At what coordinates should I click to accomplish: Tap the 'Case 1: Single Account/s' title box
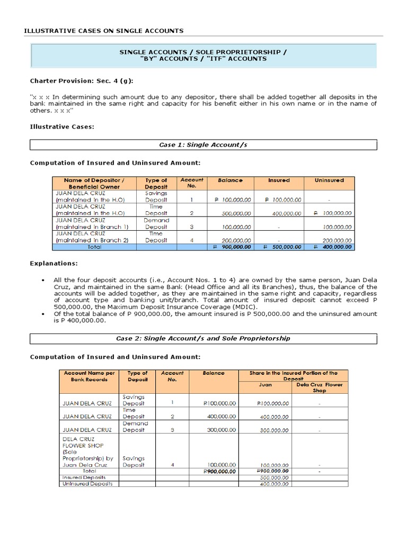tap(203, 144)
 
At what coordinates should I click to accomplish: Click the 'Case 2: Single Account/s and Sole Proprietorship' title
tap(203, 338)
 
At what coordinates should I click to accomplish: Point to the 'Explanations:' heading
tap(54, 263)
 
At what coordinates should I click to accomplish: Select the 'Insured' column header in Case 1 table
tap(279, 180)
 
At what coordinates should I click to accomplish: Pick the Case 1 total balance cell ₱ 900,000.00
tap(228, 247)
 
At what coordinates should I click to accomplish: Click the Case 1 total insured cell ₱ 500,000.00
tap(279, 247)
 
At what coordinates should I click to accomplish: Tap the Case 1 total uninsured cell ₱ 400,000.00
tap(333, 247)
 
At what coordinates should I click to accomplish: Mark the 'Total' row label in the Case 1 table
tap(94, 247)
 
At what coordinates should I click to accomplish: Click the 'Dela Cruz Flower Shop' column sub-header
tap(319, 387)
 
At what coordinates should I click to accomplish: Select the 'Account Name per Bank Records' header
tap(89, 376)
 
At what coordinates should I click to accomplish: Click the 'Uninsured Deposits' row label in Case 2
tap(87, 484)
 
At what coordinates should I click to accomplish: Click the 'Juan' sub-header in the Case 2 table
tap(265, 385)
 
